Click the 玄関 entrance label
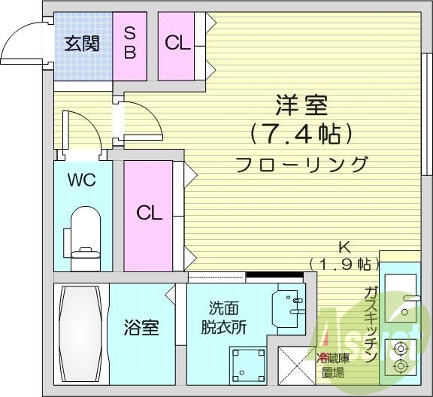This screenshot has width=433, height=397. [81, 44]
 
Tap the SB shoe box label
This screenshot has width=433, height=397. [129, 43]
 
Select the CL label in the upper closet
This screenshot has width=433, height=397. [178, 43]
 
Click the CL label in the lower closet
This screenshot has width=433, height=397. [149, 213]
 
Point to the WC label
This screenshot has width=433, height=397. [82, 180]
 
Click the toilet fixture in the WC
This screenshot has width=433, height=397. [82, 233]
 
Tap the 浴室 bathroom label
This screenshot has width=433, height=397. [141, 329]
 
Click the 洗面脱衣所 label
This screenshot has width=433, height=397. [227, 319]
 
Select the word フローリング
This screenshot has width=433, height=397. [301, 164]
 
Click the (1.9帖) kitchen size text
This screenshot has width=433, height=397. [343, 263]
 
